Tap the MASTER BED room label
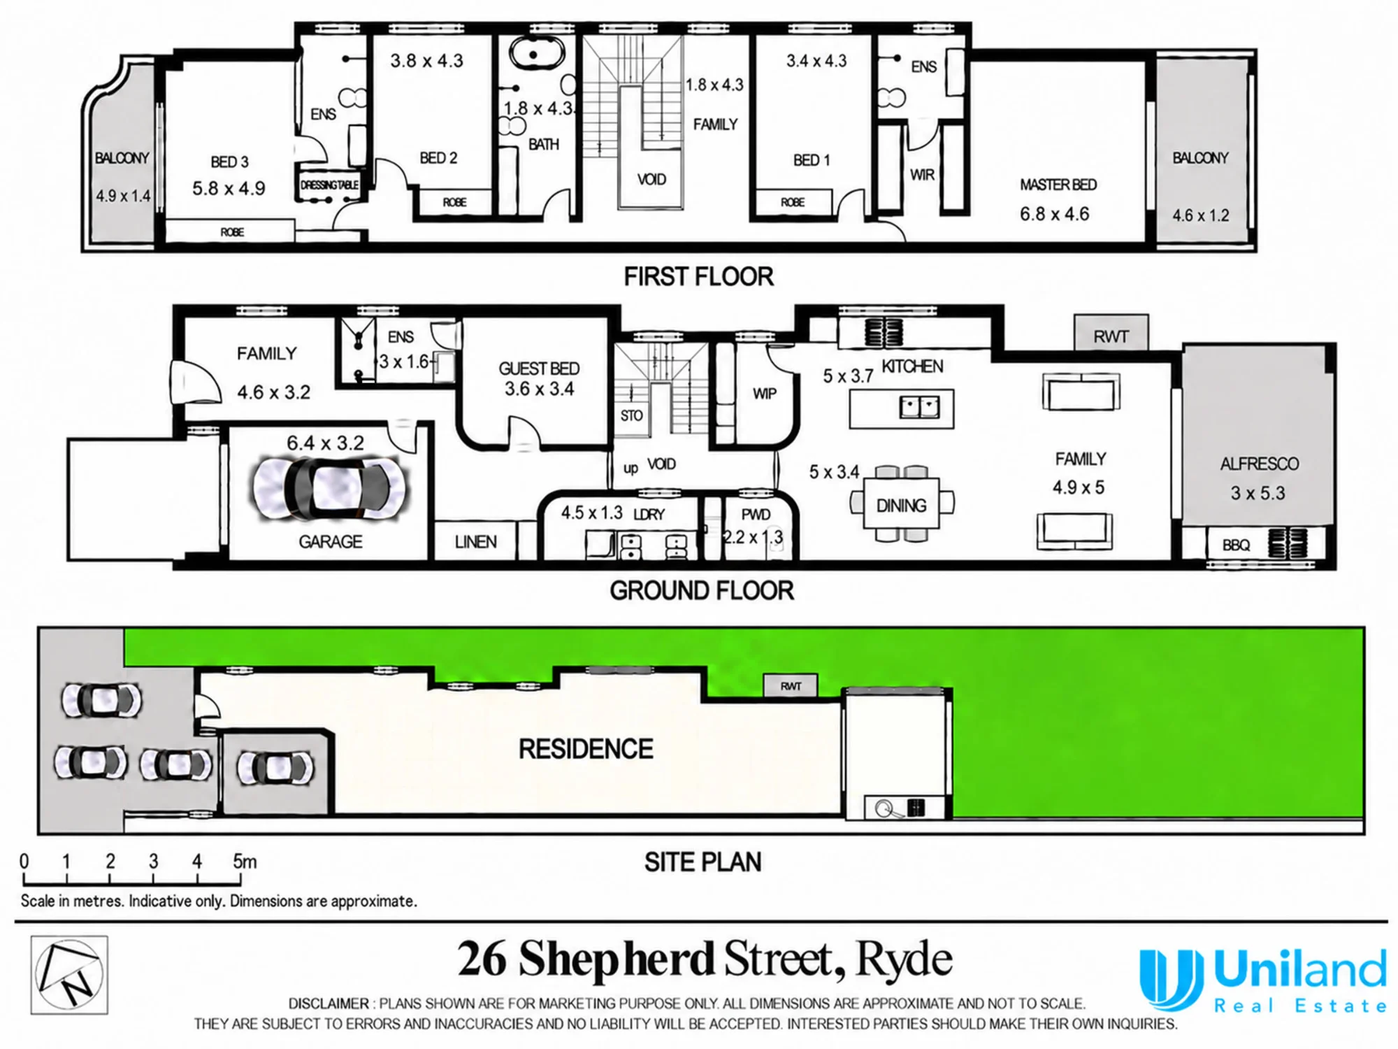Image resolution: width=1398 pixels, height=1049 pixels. tap(1058, 185)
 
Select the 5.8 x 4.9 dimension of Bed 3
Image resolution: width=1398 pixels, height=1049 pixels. tap(229, 188)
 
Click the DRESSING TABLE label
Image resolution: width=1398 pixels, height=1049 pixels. tap(329, 185)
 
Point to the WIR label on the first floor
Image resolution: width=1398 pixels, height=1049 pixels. tap(922, 175)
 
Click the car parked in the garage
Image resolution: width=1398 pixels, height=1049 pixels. tap(329, 489)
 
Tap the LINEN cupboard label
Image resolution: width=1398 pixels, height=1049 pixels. tap(475, 542)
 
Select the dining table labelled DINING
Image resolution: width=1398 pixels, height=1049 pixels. tap(902, 505)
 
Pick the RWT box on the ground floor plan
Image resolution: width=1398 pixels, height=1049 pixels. tap(1111, 333)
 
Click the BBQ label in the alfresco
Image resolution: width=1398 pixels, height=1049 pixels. tap(1236, 545)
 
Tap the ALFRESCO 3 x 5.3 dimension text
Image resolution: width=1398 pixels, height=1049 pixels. tap(1258, 493)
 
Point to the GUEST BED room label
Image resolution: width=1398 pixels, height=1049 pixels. tap(539, 369)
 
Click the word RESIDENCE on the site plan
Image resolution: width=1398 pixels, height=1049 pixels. tap(586, 749)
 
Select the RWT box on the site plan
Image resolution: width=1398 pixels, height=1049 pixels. tap(790, 686)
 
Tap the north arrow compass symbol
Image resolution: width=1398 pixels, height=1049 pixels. tap(69, 975)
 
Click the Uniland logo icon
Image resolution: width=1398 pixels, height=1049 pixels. tap(1172, 979)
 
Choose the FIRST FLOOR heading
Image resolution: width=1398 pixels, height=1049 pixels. tap(699, 277)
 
